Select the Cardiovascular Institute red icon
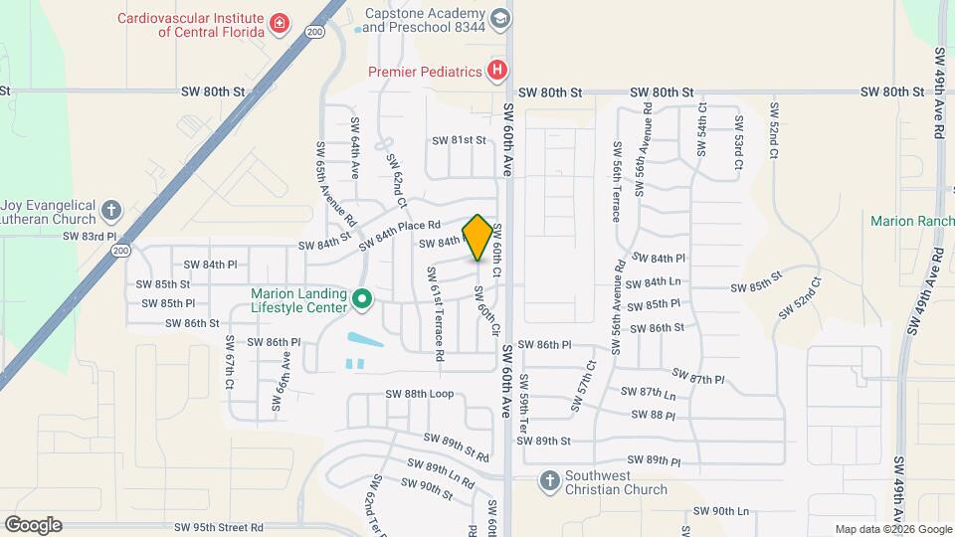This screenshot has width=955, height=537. (x=281, y=25)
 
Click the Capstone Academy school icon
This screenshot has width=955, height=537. (x=499, y=19)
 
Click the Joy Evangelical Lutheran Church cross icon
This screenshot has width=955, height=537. (x=111, y=211)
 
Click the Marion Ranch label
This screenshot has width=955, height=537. (x=911, y=221)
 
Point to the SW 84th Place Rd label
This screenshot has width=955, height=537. (x=399, y=233)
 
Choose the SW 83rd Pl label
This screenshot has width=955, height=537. (x=90, y=237)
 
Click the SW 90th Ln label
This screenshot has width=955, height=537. (x=720, y=511)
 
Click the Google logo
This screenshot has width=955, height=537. (x=33, y=525)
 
